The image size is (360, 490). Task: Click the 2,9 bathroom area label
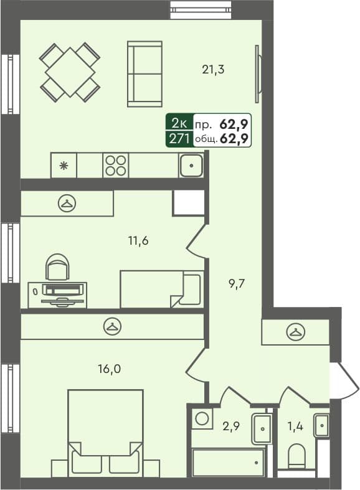[232, 427]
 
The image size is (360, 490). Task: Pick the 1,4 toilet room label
[295, 427]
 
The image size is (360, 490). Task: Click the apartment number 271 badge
[179, 138]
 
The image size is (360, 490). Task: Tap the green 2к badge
[179, 123]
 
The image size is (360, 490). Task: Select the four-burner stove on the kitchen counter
[116, 166]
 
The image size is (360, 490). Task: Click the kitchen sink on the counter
[192, 166]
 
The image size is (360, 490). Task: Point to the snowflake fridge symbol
[63, 166]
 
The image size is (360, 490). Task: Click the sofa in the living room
[144, 73]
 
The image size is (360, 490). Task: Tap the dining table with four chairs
[70, 71]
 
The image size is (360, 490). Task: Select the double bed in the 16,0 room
[105, 430]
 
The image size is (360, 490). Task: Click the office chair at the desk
[58, 268]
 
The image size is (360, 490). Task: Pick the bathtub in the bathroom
[228, 462]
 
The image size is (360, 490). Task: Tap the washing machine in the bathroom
[201, 418]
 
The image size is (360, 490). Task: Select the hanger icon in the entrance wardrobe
[295, 332]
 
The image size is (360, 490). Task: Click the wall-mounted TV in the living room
[257, 73]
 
